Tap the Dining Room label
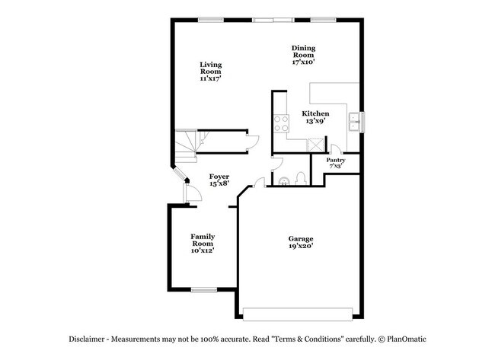tap(303, 55)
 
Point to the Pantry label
tap(336, 163)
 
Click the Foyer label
tap(219, 180)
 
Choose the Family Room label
tap(202, 243)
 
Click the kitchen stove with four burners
tap(280, 123)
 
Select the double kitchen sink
tap(355, 120)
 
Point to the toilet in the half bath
tap(299, 179)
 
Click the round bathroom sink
tap(283, 180)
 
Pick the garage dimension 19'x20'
tap(300, 247)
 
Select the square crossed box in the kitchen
tap(314, 143)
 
